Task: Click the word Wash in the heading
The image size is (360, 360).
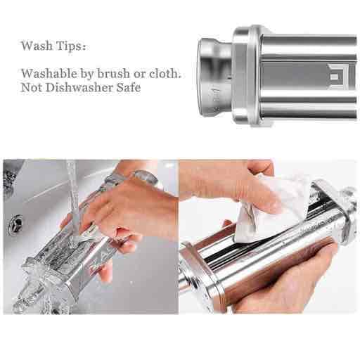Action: [x=37, y=46]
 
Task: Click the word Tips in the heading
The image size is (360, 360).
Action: [x=68, y=46]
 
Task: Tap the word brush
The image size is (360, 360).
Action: [x=113, y=73]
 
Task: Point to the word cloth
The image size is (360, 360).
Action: [x=165, y=73]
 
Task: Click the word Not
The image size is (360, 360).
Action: [x=32, y=87]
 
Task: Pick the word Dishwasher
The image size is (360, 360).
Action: [x=79, y=87]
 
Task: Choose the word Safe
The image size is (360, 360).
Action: [x=129, y=87]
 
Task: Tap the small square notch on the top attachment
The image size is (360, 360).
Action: [x=335, y=77]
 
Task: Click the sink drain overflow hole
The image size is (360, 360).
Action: [x=15, y=225]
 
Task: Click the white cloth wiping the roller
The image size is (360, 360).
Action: [x=269, y=211]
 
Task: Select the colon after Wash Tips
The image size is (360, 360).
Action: [x=84, y=47]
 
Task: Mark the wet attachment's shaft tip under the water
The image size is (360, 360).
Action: [x=19, y=304]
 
